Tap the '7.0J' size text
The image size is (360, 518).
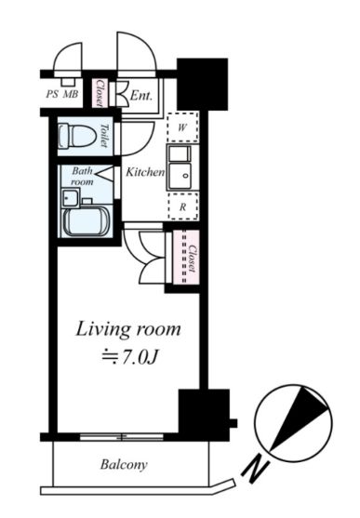coord(138,357)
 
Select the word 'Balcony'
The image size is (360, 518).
coord(124,465)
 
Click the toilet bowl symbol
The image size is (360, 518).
coord(76,136)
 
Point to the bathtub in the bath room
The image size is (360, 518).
coord(87,222)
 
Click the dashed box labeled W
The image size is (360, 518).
coord(182,127)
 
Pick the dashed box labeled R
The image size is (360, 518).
coord(183,206)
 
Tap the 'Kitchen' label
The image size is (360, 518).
coord(145,172)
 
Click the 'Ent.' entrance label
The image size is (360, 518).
coord(141,96)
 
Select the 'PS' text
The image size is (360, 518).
coord(52,94)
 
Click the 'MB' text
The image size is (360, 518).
coord(71,94)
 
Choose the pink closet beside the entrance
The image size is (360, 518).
coord(99,93)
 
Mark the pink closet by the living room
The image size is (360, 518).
coord(186,257)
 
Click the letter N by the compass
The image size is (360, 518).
coord(255,467)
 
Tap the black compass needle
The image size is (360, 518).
coord(300,418)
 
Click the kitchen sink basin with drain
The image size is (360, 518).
coord(180,176)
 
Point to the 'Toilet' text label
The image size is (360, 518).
coord(104,136)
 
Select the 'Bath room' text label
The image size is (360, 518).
coord(82,176)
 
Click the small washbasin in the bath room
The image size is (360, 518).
coord(71,197)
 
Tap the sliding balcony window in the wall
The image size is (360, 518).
coord(122,437)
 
